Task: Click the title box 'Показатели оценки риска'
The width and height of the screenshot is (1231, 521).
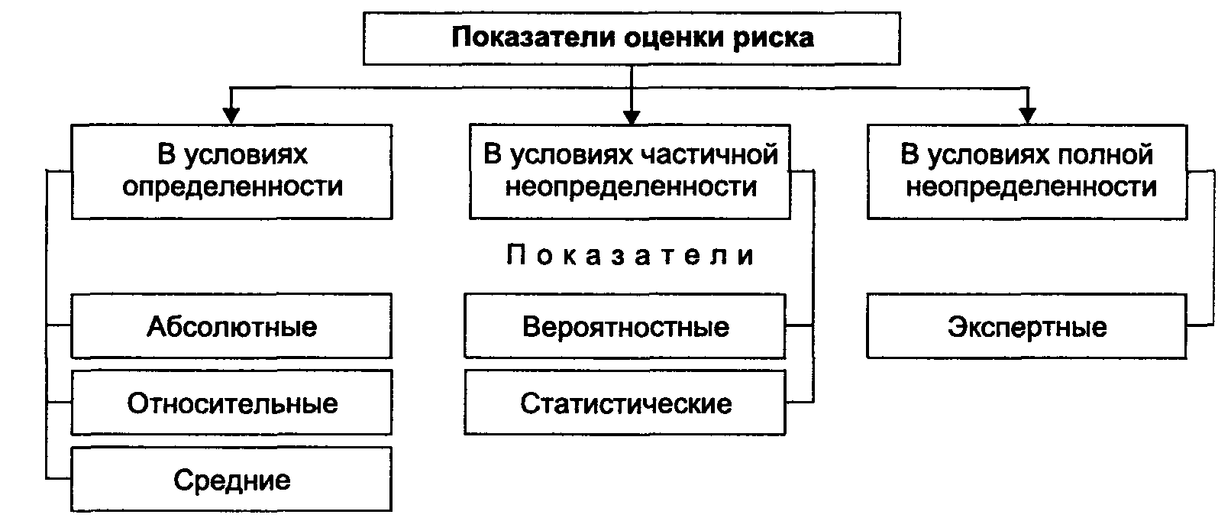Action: [632, 38]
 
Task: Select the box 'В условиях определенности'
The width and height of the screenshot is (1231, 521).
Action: [232, 172]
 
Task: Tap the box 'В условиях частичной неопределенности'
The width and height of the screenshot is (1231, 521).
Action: [630, 172]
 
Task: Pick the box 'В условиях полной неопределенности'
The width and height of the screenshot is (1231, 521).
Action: [1027, 172]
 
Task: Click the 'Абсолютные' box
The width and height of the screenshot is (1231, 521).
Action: [231, 326]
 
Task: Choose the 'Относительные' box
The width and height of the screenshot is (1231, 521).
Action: [231, 403]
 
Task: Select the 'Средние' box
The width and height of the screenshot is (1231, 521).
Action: [231, 479]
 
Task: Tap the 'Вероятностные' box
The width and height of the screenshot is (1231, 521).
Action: [625, 326]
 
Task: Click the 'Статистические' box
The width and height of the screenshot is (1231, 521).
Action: [625, 403]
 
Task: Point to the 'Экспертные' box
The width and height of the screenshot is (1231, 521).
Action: [1027, 326]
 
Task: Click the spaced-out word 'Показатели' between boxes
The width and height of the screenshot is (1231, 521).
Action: [630, 255]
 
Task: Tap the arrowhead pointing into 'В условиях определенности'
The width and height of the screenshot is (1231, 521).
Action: [231, 116]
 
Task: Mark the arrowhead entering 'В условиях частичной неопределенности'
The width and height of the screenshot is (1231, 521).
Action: [632, 116]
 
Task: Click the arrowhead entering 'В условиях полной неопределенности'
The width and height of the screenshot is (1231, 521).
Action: [1028, 116]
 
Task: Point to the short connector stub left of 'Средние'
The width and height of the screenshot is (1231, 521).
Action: [59, 479]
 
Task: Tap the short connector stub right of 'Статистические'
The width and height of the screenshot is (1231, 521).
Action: [800, 403]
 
